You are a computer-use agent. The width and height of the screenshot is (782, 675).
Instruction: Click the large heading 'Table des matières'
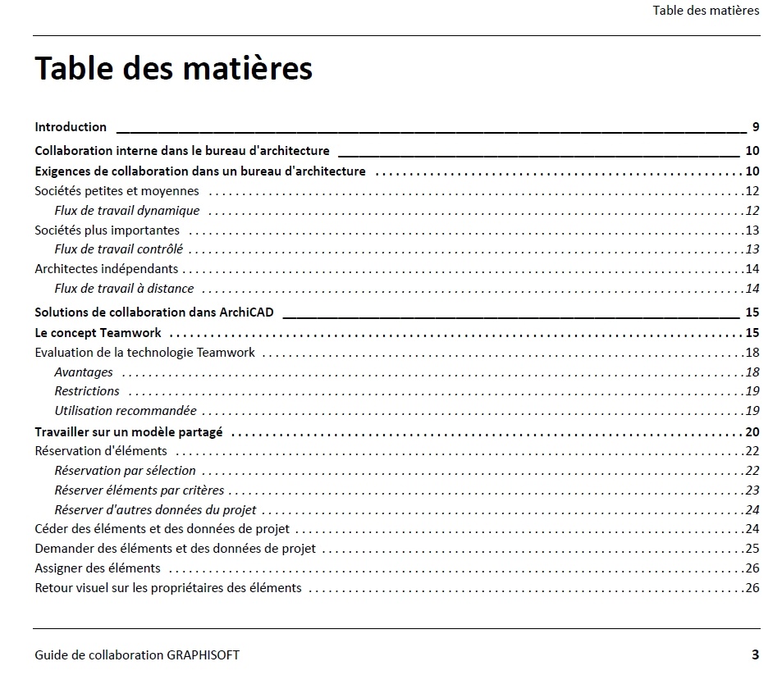click(173, 68)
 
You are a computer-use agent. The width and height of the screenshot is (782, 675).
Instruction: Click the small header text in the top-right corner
click(706, 11)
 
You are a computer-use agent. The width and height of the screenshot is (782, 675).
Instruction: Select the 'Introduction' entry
click(71, 127)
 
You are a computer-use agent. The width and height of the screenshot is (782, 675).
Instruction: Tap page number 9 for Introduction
click(755, 127)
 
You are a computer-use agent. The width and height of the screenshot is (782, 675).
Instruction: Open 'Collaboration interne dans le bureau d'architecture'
click(182, 151)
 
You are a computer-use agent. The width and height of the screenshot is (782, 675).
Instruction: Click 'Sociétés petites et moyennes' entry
click(117, 191)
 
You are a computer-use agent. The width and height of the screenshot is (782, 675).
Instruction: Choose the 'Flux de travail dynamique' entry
click(127, 211)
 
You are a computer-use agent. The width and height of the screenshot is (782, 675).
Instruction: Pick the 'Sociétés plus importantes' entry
click(107, 230)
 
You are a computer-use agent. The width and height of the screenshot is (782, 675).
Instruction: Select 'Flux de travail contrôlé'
click(119, 249)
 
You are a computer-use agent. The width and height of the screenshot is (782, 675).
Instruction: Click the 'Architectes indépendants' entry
click(106, 269)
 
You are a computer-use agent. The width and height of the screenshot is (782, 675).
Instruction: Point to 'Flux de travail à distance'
click(124, 289)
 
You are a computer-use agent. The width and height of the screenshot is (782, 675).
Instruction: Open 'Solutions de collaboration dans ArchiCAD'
click(154, 312)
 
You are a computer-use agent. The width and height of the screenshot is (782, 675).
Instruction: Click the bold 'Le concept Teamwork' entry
click(98, 333)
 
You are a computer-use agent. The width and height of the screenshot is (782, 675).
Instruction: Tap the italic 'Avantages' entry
click(84, 372)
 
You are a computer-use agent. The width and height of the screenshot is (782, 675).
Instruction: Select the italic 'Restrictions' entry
click(87, 391)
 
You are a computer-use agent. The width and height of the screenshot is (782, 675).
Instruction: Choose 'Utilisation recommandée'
click(126, 411)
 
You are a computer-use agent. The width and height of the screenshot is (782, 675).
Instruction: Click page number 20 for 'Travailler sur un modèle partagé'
click(752, 432)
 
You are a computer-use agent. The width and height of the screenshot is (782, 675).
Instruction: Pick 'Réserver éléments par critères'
click(139, 490)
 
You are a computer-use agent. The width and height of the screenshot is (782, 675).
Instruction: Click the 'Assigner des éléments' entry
click(98, 568)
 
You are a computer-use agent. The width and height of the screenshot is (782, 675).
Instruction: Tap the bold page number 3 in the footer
click(755, 654)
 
